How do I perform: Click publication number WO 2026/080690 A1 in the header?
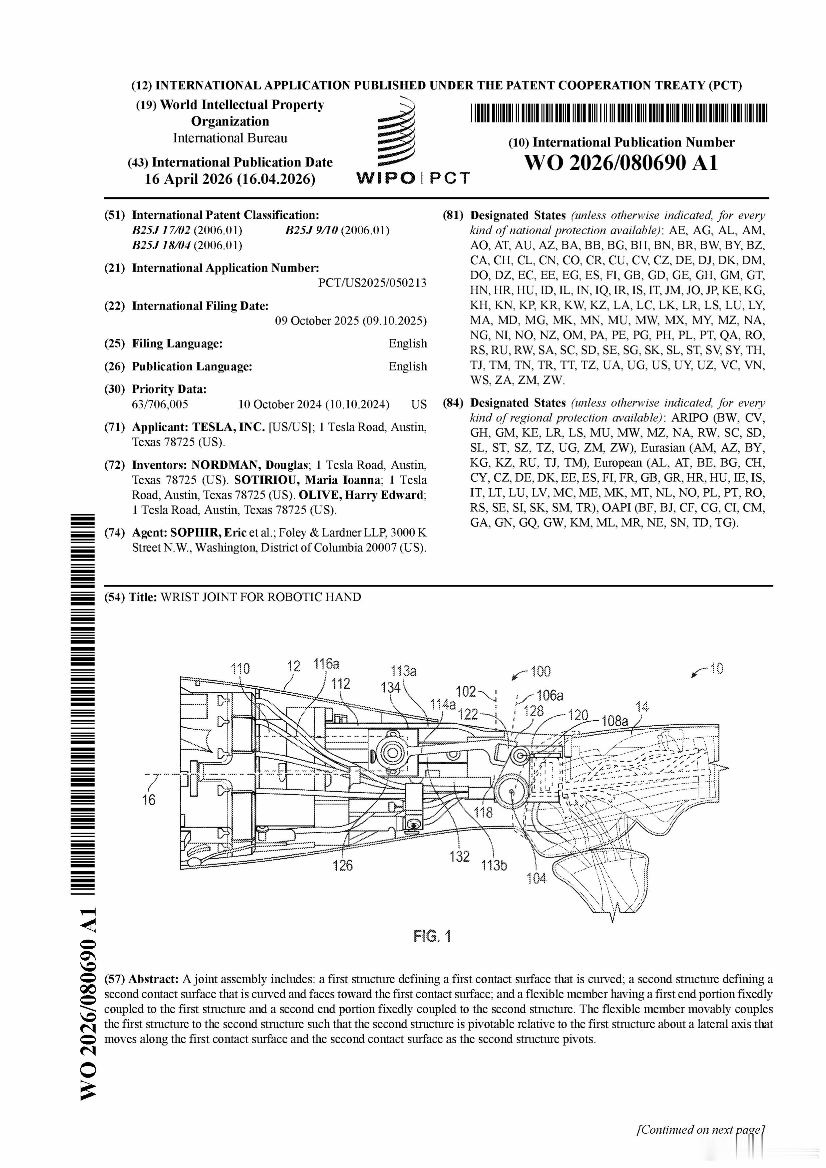(x=621, y=163)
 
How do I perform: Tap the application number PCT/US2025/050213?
(x=372, y=283)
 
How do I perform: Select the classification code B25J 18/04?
(x=161, y=245)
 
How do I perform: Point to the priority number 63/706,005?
(x=160, y=404)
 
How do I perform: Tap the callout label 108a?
(x=615, y=721)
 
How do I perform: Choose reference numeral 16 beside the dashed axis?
(x=148, y=800)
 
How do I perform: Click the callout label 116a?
(x=326, y=664)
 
